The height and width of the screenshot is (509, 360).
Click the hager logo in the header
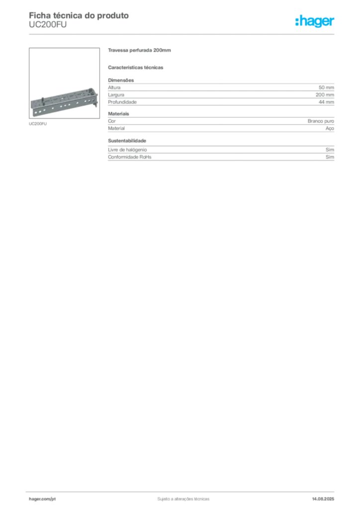314,21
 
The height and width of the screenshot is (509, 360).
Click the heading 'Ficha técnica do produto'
79,15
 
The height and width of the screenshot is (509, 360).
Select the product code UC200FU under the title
48,25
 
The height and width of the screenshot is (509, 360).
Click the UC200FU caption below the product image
38,124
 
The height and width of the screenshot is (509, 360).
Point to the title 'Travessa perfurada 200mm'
139,50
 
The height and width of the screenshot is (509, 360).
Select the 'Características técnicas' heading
135,68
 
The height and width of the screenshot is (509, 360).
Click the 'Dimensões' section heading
121,80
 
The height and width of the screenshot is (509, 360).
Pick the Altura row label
114,87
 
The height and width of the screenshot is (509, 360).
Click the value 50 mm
326,87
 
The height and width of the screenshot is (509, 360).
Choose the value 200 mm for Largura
325,95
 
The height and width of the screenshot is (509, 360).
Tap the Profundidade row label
122,102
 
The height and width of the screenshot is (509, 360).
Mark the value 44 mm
326,102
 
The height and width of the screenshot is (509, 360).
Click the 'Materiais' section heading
118,114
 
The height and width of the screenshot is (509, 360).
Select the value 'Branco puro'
321,121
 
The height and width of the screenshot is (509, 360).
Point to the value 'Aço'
330,129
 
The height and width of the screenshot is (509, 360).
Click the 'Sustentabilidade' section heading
127,141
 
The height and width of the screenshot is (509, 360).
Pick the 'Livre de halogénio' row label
127,150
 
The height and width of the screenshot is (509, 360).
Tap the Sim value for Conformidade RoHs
330,157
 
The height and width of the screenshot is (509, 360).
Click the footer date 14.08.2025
323,499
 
